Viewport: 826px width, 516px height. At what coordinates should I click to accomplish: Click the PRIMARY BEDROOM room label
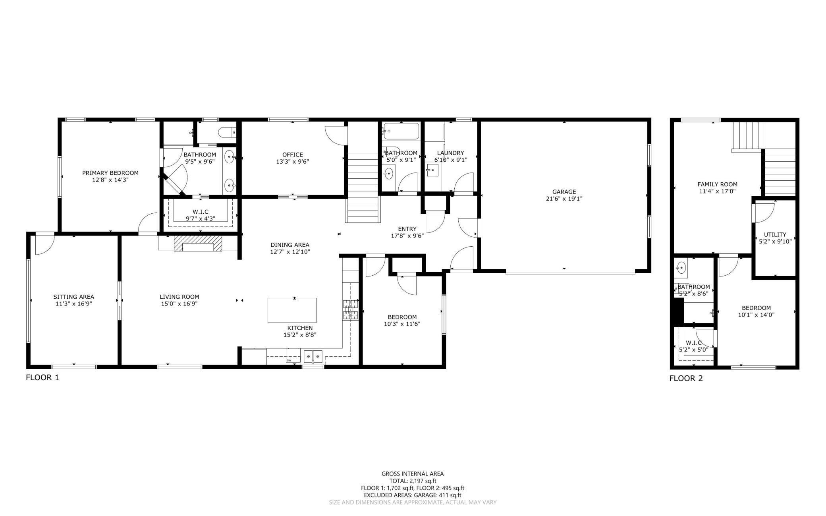[x=110, y=173]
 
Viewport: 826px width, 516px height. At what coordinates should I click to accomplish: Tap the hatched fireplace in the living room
[x=197, y=243]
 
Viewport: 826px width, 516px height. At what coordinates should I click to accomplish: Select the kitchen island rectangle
[x=292, y=310]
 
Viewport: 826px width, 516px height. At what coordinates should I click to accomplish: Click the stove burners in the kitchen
[x=350, y=310]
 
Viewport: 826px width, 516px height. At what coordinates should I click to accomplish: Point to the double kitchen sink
[x=313, y=356]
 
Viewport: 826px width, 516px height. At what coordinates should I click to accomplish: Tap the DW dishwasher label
[x=288, y=360]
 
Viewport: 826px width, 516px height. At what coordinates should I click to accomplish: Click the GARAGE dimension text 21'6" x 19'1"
[x=564, y=199]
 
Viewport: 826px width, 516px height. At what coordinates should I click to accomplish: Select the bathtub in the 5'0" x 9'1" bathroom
[x=401, y=131]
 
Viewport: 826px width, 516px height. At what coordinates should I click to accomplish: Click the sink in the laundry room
[x=432, y=171]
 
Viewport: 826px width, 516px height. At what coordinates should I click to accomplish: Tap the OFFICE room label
[x=292, y=155]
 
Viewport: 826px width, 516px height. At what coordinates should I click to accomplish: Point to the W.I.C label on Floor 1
[x=200, y=212]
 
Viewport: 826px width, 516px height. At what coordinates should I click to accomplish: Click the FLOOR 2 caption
[x=686, y=378]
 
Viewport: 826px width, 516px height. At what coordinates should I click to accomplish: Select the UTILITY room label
[x=775, y=234]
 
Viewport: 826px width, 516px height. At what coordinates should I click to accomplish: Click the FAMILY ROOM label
[x=717, y=184]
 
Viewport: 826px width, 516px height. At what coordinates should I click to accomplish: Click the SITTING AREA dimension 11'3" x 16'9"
[x=73, y=303]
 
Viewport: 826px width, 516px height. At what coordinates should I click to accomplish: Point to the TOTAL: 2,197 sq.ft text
[x=413, y=481]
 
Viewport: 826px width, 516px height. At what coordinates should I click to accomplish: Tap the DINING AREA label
[x=289, y=245]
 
